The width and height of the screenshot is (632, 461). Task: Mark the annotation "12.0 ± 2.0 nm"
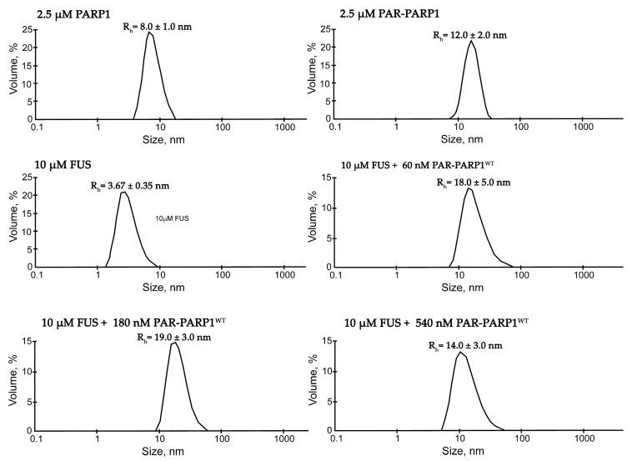(469, 35)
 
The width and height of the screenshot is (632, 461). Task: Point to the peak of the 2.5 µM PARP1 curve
(150, 32)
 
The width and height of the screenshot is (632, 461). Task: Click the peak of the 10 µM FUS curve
(124, 193)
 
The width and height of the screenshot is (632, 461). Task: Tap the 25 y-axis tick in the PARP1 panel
(28, 30)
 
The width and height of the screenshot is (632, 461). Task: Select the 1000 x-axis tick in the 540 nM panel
(580, 441)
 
